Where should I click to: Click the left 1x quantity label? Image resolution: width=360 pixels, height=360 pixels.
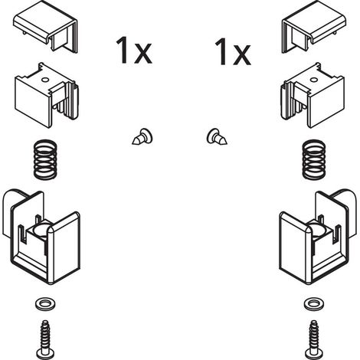click(x=134, y=51)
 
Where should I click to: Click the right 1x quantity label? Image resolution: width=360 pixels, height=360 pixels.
click(x=233, y=51)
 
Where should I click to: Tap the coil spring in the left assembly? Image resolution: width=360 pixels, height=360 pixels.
click(x=45, y=159)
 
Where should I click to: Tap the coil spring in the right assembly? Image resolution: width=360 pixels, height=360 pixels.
click(x=314, y=159)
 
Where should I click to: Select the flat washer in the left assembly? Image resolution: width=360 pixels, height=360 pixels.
click(x=45, y=304)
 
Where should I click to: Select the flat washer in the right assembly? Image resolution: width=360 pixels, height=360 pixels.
click(x=314, y=304)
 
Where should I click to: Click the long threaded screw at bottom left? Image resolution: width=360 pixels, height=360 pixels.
click(x=45, y=339)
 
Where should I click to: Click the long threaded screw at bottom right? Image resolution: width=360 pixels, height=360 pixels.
click(x=314, y=339)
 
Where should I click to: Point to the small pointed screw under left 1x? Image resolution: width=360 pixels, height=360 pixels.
click(x=142, y=137)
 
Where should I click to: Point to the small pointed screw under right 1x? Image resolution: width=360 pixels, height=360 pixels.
click(x=217, y=137)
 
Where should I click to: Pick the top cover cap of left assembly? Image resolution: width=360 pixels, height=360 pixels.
click(x=45, y=26)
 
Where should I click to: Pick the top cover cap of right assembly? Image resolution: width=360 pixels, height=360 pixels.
click(x=314, y=26)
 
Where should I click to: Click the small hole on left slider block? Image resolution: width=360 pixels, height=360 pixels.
click(x=45, y=80)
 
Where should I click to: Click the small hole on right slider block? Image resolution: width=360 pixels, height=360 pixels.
click(x=314, y=80)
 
